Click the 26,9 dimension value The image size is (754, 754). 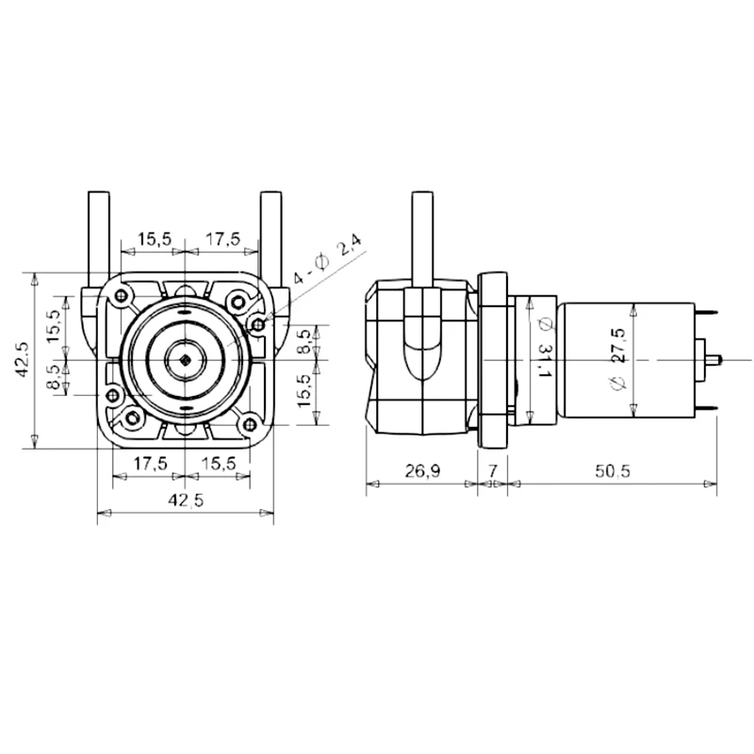click(422, 470)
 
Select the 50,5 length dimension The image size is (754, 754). click(612, 470)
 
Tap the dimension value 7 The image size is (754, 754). click(492, 470)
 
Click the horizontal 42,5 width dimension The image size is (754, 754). click(186, 500)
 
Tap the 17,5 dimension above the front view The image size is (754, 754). click(222, 239)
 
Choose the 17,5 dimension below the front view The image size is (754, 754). click(150, 463)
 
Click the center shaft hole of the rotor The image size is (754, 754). click(186, 360)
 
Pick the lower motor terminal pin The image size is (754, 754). click(707, 407)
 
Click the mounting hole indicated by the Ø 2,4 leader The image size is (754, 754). click(257, 323)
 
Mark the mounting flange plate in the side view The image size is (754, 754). click(492, 358)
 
